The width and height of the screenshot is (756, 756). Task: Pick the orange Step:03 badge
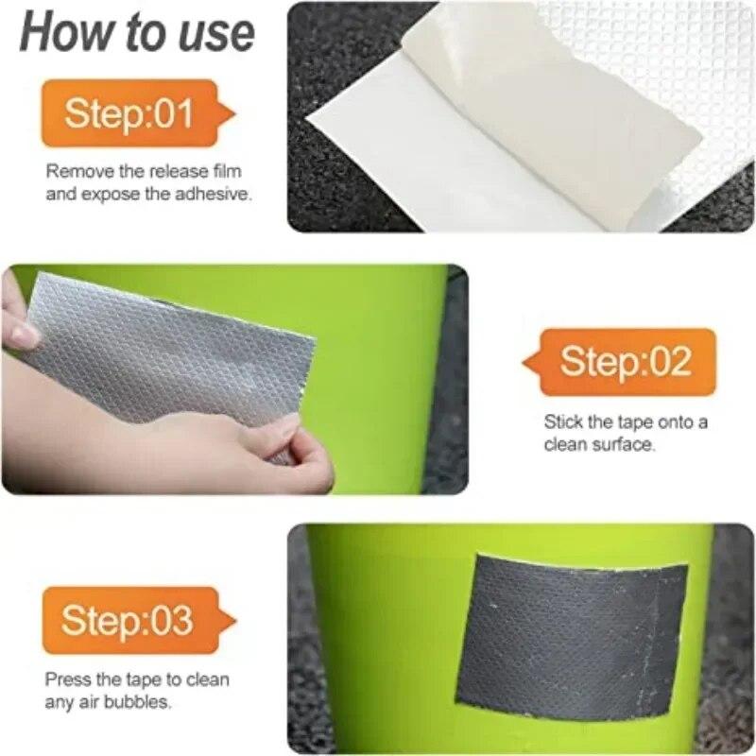[x=128, y=621]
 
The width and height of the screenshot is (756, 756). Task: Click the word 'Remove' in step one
[x=75, y=171]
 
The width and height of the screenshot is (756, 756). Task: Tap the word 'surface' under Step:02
[x=623, y=444]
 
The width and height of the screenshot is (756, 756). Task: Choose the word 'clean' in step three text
[x=210, y=679]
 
